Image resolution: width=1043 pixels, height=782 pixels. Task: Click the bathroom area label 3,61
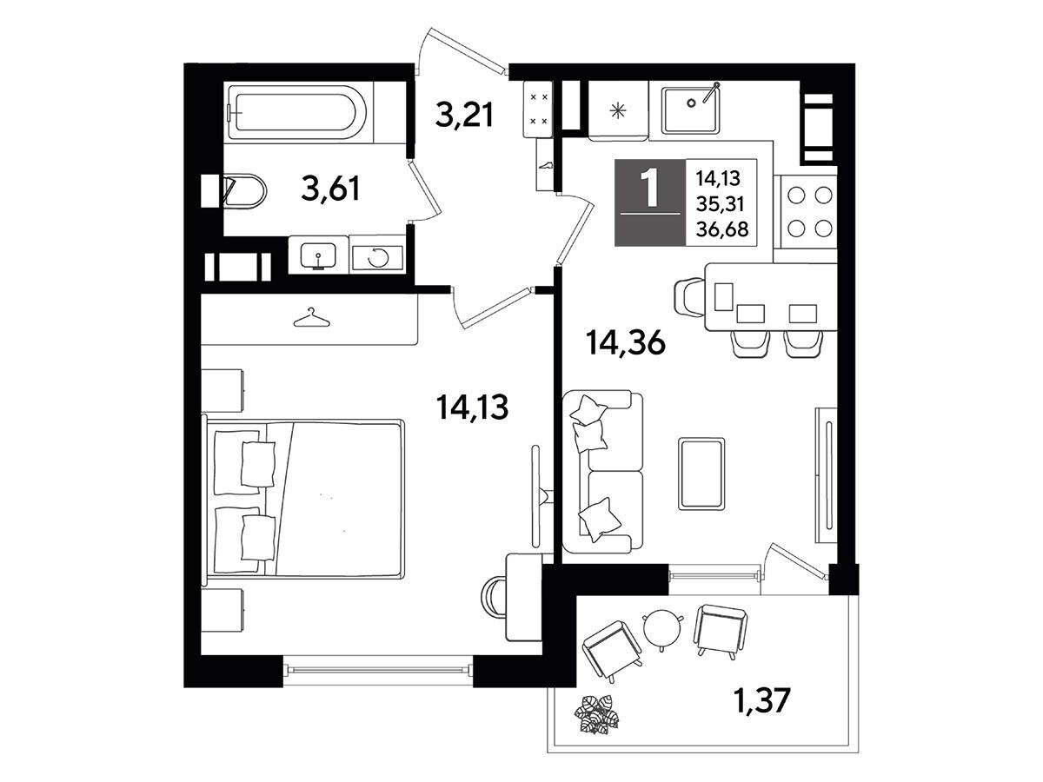pyautogui.click(x=331, y=189)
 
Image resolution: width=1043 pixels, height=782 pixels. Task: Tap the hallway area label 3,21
pyautogui.click(x=464, y=115)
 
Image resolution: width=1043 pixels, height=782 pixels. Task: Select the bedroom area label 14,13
pyautogui.click(x=472, y=407)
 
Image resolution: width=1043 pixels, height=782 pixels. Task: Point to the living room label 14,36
pyautogui.click(x=625, y=342)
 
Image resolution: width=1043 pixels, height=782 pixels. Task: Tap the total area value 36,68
pyautogui.click(x=721, y=229)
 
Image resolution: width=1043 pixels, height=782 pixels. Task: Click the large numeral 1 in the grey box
pyautogui.click(x=649, y=189)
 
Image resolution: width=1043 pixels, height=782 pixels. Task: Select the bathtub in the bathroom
pyautogui.click(x=297, y=113)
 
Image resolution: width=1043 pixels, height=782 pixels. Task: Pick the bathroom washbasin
pyautogui.click(x=318, y=256)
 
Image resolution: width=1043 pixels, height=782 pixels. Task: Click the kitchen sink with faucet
pyautogui.click(x=691, y=109)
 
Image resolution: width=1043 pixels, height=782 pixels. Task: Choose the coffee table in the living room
pyautogui.click(x=701, y=474)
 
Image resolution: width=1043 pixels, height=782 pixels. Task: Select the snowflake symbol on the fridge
pyautogui.click(x=618, y=111)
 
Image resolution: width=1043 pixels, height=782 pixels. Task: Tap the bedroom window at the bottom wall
pyautogui.click(x=378, y=670)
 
